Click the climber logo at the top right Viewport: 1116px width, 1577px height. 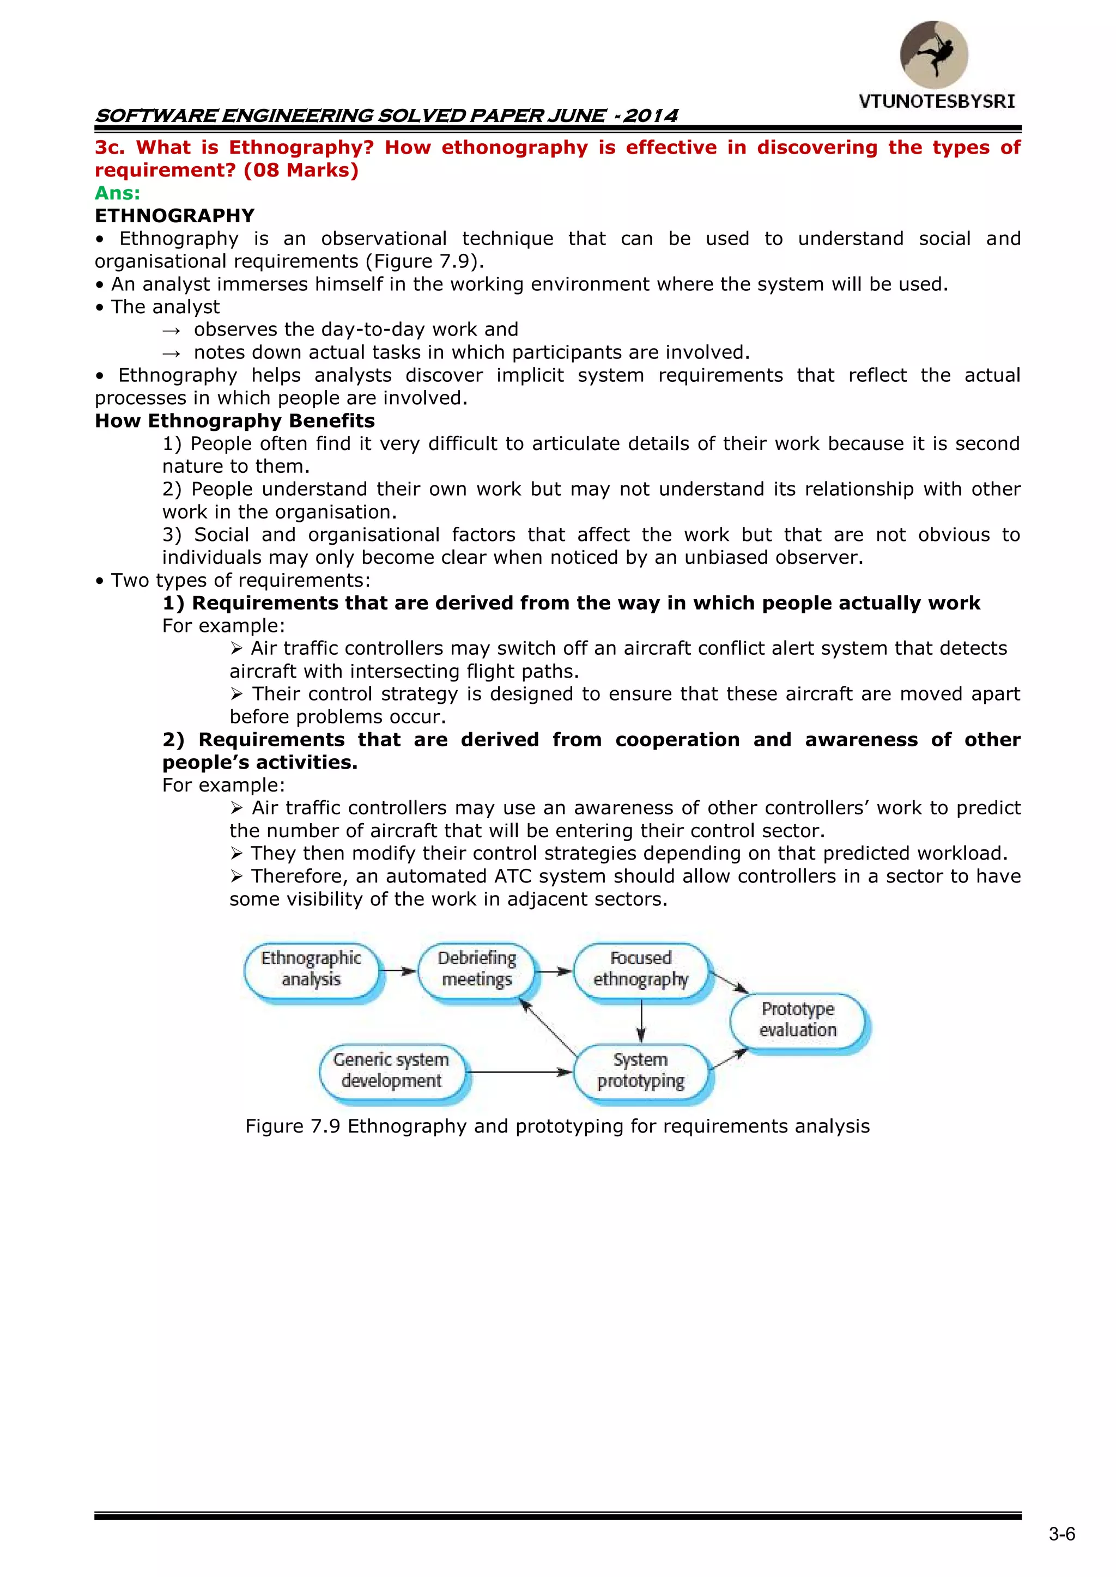[x=934, y=54]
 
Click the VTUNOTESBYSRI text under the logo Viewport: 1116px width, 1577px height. [x=936, y=102]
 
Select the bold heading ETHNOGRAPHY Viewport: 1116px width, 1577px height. [x=174, y=216]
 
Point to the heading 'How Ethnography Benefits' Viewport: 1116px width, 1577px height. [x=234, y=421]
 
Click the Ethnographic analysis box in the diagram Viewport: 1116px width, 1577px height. [x=311, y=969]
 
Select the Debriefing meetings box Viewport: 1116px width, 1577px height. [x=477, y=969]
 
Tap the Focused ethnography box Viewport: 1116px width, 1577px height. [x=640, y=969]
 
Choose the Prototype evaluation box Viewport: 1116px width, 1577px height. [x=798, y=1019]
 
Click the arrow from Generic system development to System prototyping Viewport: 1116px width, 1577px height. [x=519, y=1071]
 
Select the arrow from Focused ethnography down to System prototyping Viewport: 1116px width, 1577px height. [x=641, y=1021]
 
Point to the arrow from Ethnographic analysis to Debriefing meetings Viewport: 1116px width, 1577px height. [x=398, y=971]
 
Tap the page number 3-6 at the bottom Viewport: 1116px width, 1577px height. [x=1062, y=1534]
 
